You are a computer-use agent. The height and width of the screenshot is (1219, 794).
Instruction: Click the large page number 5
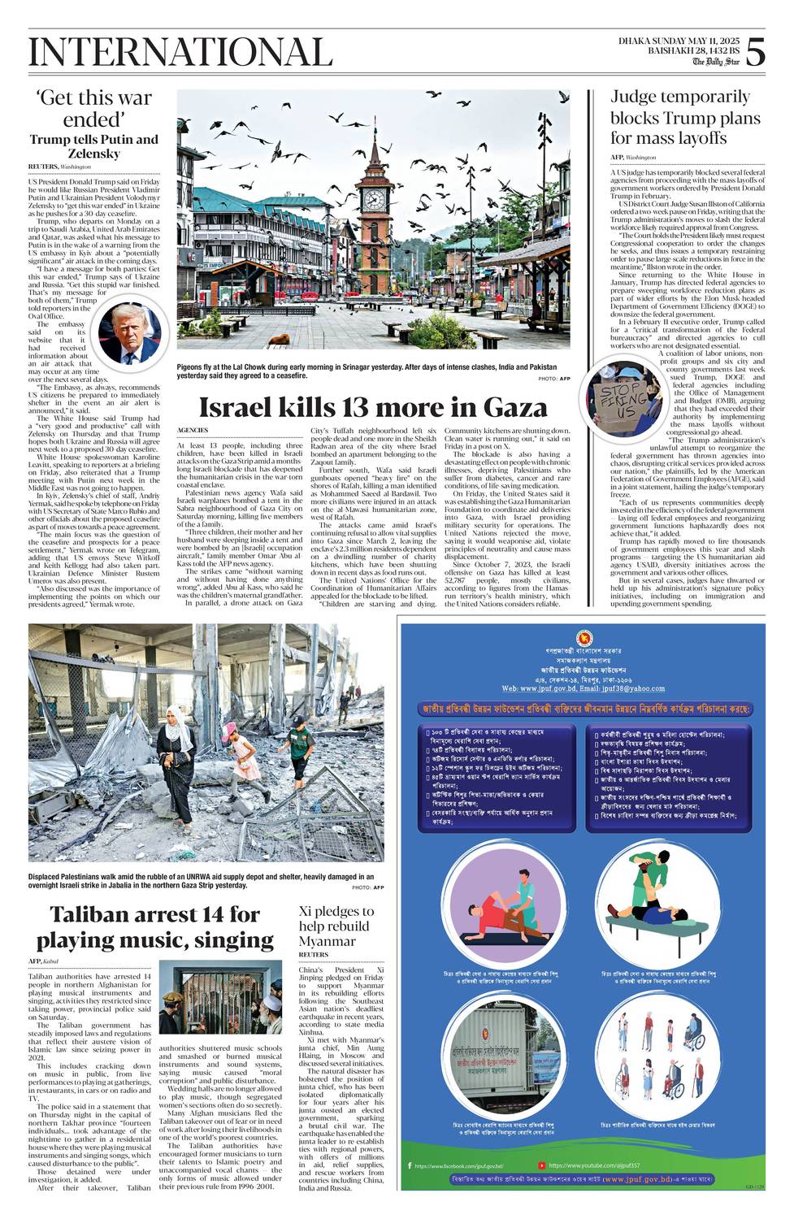click(755, 53)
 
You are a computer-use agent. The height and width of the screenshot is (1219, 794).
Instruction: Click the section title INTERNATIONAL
click(180, 53)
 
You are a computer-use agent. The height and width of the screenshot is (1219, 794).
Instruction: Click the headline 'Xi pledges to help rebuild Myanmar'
click(336, 926)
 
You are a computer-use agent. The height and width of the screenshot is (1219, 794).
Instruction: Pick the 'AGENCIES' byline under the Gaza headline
click(193, 430)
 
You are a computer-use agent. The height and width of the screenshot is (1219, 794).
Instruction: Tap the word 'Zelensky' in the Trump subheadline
click(93, 154)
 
